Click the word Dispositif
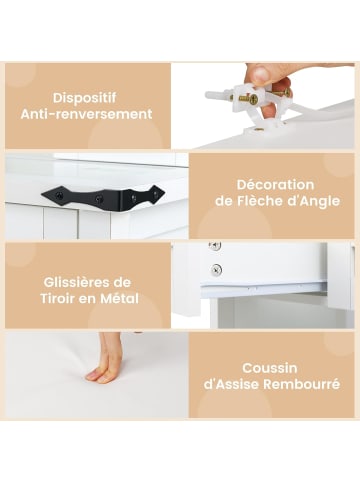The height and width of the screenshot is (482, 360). coord(85,98)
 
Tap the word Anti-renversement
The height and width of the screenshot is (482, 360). coord(86,114)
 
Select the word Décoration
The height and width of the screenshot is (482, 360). coord(275,185)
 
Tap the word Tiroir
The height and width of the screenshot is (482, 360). coord(58,299)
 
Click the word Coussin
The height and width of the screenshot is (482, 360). coord(270,368)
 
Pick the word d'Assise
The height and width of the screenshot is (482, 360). coord(231,384)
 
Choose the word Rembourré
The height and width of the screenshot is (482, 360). coord(302,384)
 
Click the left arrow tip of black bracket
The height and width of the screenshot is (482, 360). coord(42,194)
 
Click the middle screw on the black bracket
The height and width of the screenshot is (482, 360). coord(98,199)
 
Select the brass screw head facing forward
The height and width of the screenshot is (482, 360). coord(254,99)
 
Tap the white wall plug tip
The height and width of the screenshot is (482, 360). coord(208,95)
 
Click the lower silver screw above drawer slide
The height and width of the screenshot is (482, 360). coord(216,268)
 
